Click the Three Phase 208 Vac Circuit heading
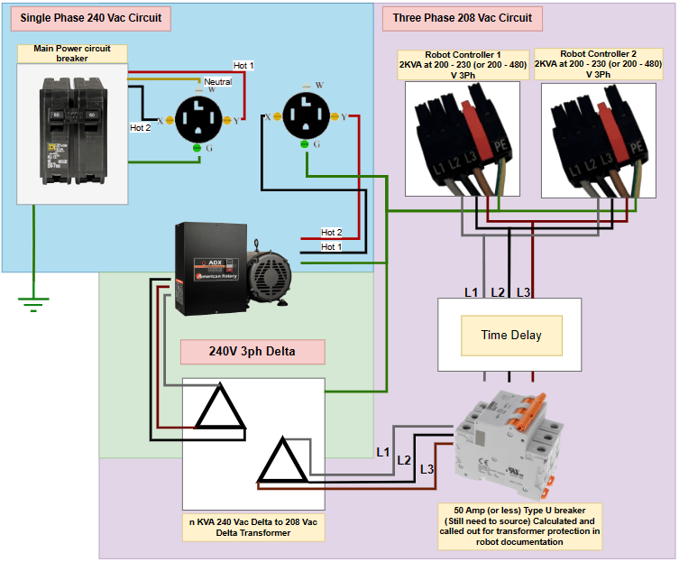tap(463, 17)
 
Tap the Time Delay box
tap(511, 335)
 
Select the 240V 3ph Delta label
tap(252, 351)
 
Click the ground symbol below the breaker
tap(33, 304)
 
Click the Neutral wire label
tap(217, 81)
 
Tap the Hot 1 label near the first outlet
tap(243, 66)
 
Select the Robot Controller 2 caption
tap(598, 64)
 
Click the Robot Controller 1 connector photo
tap(462, 139)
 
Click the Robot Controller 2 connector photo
tap(598, 139)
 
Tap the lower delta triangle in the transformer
tap(282, 464)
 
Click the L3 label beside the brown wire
tap(427, 469)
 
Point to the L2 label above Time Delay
tap(497, 292)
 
